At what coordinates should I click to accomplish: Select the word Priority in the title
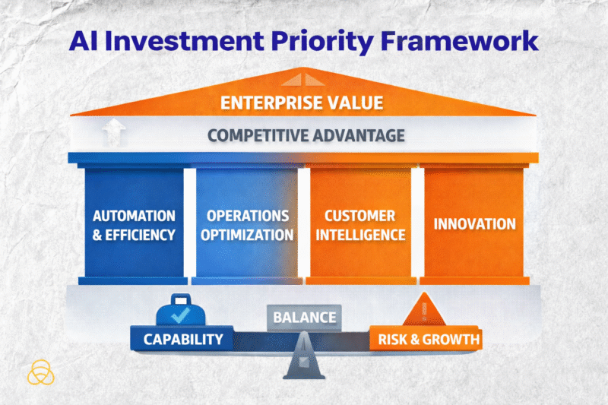pos(319,40)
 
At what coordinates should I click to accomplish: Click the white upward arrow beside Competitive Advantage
pos(112,134)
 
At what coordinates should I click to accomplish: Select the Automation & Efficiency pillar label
pos(134,225)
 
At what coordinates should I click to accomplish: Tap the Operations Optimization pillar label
pos(247,225)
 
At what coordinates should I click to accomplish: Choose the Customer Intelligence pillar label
pos(360,225)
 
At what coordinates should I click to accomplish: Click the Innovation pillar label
pos(474,224)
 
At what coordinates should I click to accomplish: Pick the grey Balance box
pos(303,317)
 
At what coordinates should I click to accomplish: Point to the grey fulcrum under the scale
pos(303,363)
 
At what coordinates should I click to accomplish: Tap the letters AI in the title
pos(86,40)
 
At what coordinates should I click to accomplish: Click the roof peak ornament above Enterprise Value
pos(303,78)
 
